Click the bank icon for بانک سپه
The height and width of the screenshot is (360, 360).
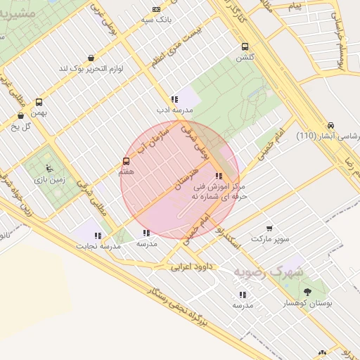pyautogui.click(x=156, y=9)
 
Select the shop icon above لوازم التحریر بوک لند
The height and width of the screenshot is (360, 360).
pyautogui.click(x=91, y=58)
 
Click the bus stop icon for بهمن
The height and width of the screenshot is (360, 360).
pyautogui.click(x=39, y=102)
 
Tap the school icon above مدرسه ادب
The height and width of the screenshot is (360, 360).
pyautogui.click(x=174, y=99)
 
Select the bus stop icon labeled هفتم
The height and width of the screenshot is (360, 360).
pyautogui.click(x=127, y=161)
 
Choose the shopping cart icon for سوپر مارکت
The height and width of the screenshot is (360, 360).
pyautogui.click(x=269, y=229)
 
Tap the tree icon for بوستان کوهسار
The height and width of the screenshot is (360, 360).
pyautogui.click(x=307, y=291)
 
